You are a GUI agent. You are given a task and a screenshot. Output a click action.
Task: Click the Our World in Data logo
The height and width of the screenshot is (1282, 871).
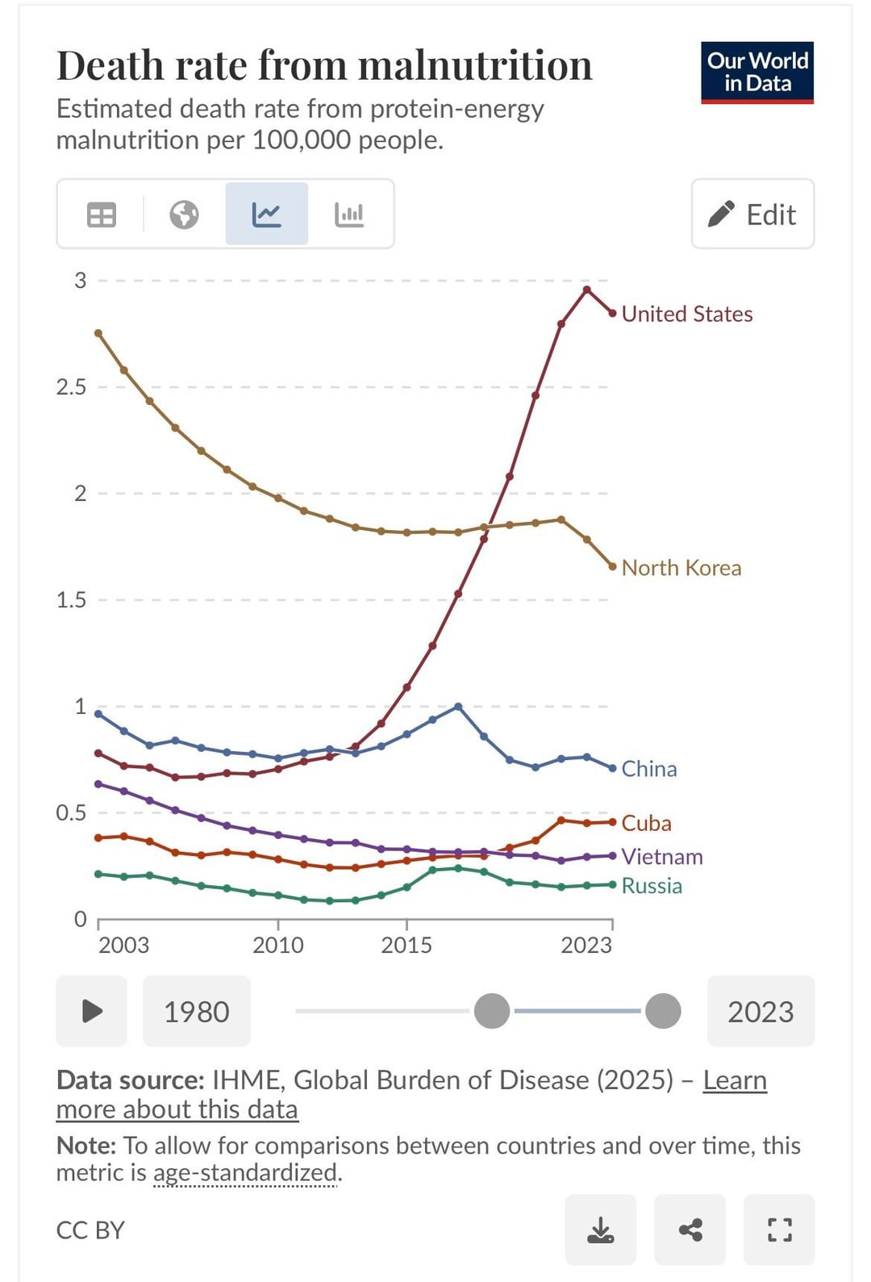[x=756, y=73]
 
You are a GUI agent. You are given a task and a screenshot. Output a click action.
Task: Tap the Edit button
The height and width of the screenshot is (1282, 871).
[x=752, y=215]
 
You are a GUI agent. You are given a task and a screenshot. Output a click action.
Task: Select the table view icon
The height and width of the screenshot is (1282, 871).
[x=102, y=215]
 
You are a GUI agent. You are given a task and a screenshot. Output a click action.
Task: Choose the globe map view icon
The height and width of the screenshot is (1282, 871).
[x=184, y=215]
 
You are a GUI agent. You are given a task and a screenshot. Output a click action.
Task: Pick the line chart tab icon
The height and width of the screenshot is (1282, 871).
[x=266, y=215]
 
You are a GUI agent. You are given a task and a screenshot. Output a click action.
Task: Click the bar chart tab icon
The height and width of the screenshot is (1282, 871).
[x=349, y=215]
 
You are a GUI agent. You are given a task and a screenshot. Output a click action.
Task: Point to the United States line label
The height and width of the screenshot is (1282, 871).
[x=686, y=314]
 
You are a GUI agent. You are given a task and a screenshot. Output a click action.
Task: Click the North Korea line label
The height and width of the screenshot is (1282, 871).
[x=681, y=568]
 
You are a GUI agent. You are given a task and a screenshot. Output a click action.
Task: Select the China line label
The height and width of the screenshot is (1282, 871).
[x=648, y=769]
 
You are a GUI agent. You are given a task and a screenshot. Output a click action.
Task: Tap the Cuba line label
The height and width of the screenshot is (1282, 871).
[x=646, y=823]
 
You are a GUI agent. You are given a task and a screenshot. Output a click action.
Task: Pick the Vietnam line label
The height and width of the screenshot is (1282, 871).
[x=661, y=857]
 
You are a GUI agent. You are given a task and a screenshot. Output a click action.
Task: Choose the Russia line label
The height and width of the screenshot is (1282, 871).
[x=652, y=886]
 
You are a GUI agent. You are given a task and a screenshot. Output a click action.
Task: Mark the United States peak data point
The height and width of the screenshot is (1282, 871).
[x=587, y=289]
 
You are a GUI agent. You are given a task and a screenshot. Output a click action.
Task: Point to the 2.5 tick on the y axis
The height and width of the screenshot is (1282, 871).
[x=71, y=387]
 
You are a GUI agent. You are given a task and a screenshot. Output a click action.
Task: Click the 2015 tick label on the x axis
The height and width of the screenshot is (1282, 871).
[x=406, y=945]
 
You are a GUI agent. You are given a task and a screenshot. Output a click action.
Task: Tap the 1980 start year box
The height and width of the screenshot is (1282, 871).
[x=197, y=1012]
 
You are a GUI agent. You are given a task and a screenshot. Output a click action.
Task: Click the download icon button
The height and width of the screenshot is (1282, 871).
[x=600, y=1230]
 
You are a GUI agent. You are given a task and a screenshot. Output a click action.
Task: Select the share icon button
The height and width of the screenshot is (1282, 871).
[x=690, y=1230]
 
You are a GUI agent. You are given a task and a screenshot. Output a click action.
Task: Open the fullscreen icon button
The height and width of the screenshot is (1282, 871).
[x=779, y=1230]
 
